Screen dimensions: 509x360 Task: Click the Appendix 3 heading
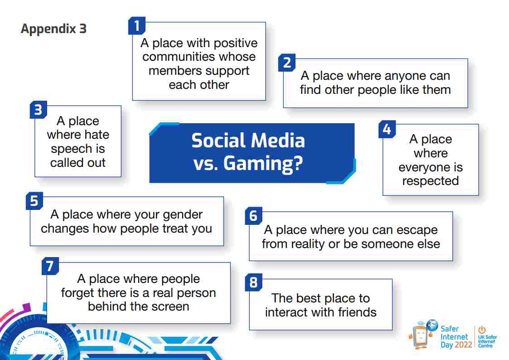tap(53, 29)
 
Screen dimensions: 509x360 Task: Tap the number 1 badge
tap(137, 25)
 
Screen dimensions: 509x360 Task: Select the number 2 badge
tap(287, 62)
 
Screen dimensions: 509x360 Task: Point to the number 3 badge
tap(39, 109)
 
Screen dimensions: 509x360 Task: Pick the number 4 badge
tap(387, 129)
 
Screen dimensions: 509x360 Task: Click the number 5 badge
tap(34, 200)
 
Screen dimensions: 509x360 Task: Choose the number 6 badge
tap(253, 215)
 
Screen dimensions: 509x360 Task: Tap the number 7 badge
tap(50, 266)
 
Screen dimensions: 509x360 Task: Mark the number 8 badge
tap(253, 282)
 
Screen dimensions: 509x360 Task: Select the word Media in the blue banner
tap(278, 141)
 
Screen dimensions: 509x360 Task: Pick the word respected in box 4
tap(431, 181)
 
